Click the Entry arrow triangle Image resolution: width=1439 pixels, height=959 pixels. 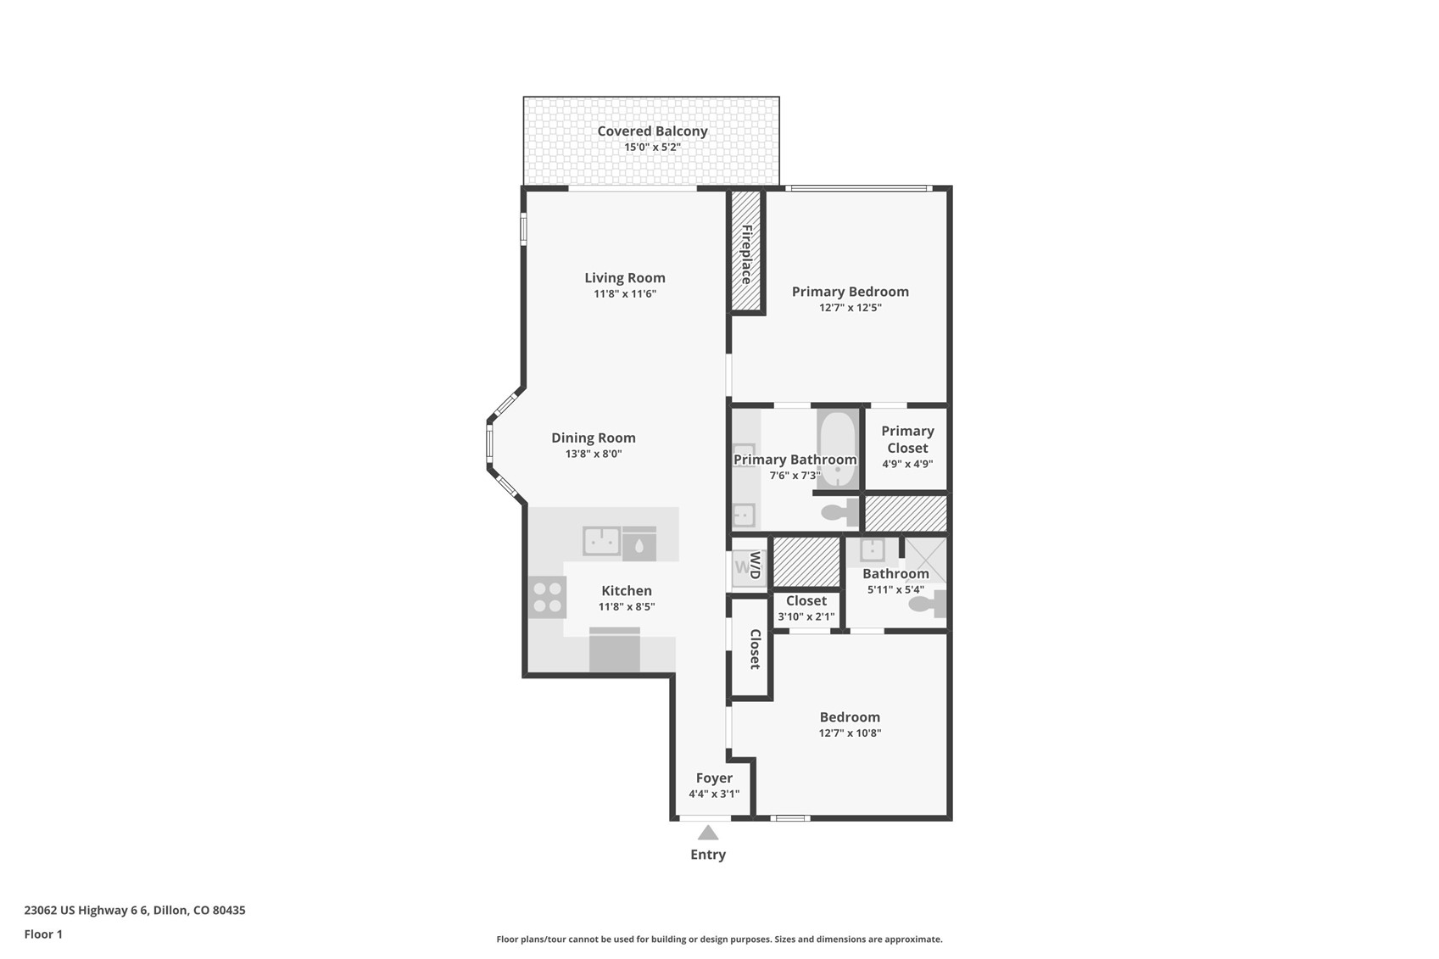(708, 833)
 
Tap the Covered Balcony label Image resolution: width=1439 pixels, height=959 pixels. (652, 131)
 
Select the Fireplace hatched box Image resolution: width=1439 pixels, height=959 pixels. (746, 252)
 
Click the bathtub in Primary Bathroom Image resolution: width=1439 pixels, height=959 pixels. (837, 448)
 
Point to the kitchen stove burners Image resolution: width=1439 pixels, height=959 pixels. (548, 597)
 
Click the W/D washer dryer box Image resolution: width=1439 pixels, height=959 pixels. (749, 566)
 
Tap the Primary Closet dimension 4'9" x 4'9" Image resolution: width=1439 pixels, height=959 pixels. (907, 464)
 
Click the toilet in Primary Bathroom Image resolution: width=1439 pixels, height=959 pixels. (839, 512)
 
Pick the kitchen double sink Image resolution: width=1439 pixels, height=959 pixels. (601, 540)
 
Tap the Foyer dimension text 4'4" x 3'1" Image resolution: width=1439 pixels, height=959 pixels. (714, 795)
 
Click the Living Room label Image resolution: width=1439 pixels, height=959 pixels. (625, 278)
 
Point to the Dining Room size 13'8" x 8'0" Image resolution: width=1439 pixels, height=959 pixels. (594, 454)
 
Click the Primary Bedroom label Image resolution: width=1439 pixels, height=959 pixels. (851, 292)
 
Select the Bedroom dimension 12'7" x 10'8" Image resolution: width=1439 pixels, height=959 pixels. (850, 733)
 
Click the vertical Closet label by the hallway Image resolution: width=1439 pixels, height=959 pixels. (755, 649)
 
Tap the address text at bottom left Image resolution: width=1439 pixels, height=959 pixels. (135, 911)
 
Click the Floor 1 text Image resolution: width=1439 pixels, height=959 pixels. (43, 934)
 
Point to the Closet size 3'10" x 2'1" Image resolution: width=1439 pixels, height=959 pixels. (806, 616)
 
